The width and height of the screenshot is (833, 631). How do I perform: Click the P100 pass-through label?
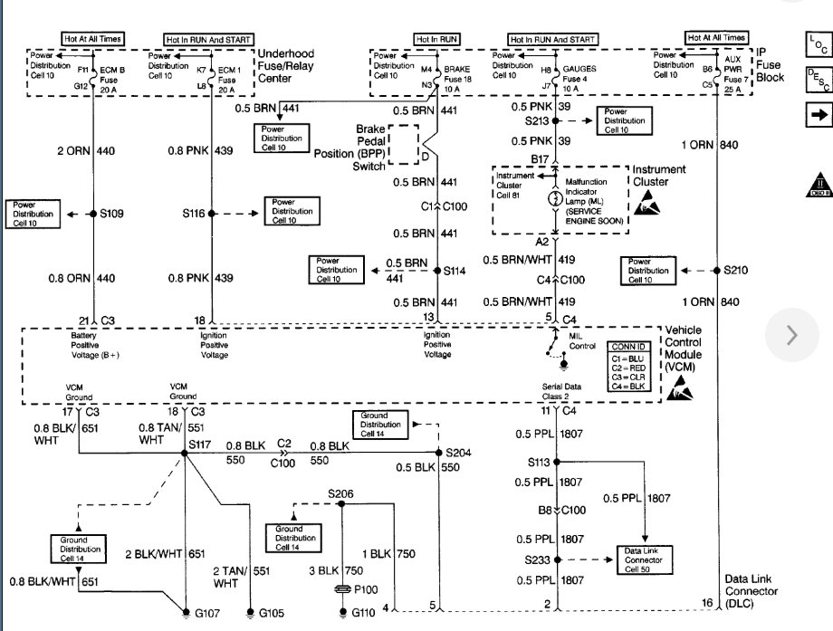[365, 589]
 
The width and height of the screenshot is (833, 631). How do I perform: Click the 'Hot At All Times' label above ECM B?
[92, 39]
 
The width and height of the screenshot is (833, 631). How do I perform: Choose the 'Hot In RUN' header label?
[437, 39]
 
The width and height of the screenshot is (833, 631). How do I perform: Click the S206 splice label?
[340, 494]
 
